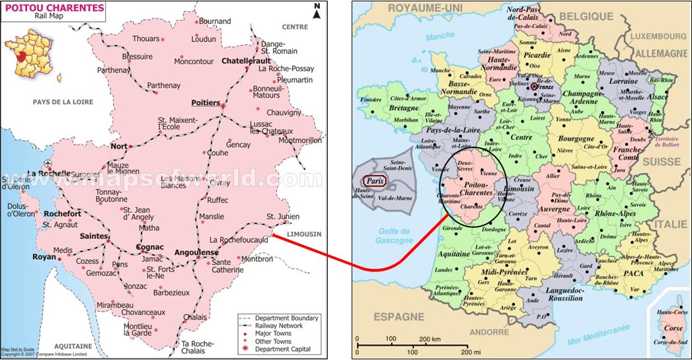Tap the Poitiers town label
[205, 102]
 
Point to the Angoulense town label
[196, 252]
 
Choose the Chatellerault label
[247, 61]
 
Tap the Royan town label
[44, 257]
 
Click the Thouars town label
[146, 39]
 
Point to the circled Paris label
[373, 181]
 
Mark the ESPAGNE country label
[399, 317]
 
